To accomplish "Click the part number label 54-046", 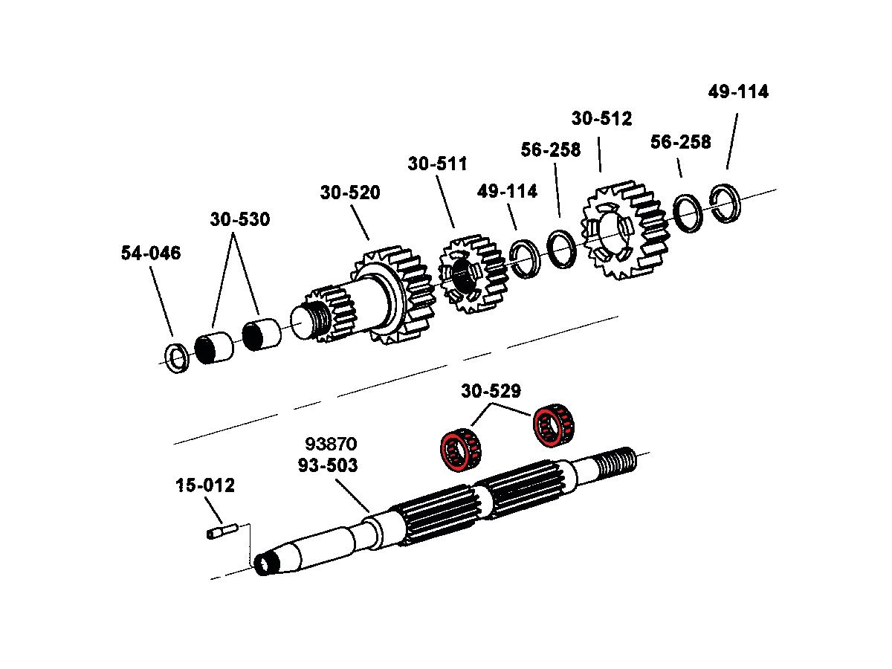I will pos(151,253).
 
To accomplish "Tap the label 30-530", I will pos(239,220).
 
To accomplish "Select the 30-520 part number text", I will pos(350,193).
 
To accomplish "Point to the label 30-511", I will pos(437,164).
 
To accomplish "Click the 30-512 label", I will pos(601,119).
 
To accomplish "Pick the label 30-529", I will pos(491,391).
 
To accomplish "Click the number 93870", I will pos(332,445).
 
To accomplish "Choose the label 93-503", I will pos(328,466).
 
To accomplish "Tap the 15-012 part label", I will pos(205,486).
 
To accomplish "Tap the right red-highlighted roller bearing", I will pos(554,427).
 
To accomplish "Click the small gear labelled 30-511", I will pos(470,274).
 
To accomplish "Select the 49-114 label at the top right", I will pos(738,92).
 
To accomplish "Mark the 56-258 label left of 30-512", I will pos(551,150).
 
